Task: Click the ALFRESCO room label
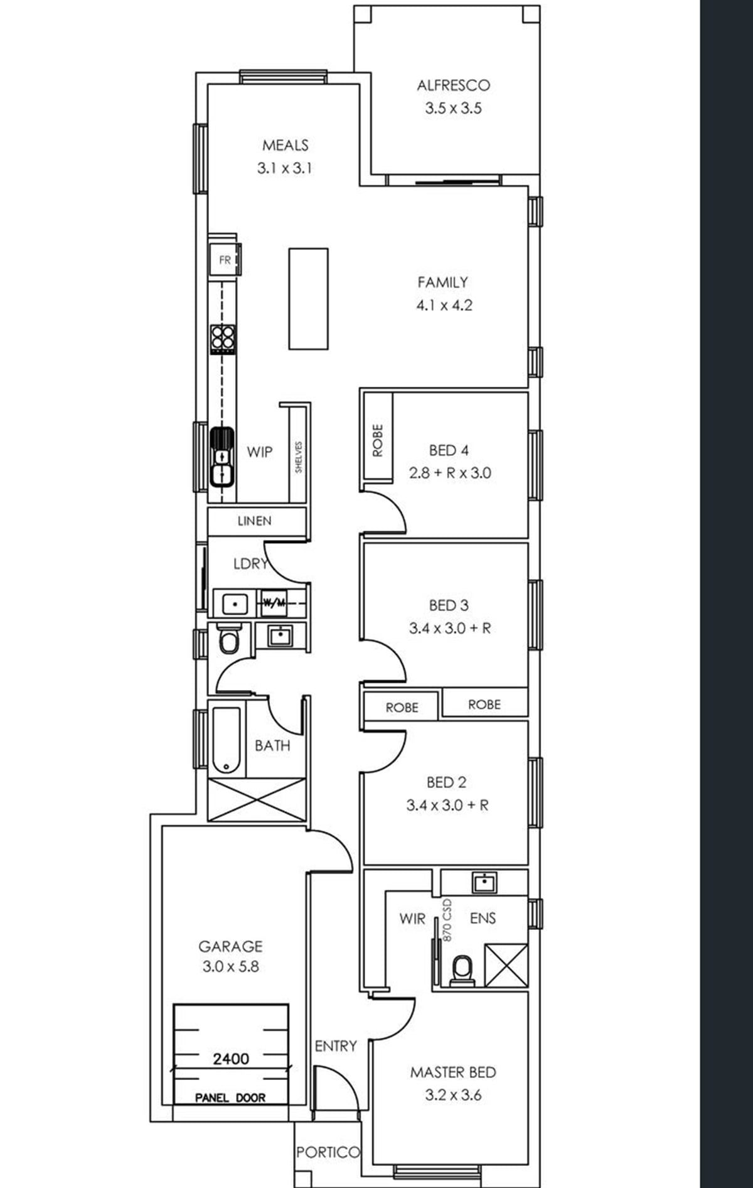click(x=453, y=85)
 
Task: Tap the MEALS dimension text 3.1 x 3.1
click(x=285, y=168)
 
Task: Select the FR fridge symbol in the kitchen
click(x=225, y=259)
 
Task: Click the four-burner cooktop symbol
click(x=223, y=339)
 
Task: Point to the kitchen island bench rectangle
click(x=308, y=298)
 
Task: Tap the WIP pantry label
click(x=259, y=451)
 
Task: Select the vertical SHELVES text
click(x=299, y=456)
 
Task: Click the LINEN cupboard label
click(x=254, y=521)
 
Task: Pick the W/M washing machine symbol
click(x=274, y=603)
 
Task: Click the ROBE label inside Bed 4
click(x=377, y=440)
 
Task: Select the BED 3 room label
click(x=448, y=605)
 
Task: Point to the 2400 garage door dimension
click(x=231, y=1059)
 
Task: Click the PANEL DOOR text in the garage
click(x=230, y=1098)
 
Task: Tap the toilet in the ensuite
click(x=462, y=969)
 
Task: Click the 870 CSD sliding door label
click(x=447, y=919)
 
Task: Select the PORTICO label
click(x=328, y=1152)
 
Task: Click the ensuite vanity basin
click(x=484, y=882)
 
